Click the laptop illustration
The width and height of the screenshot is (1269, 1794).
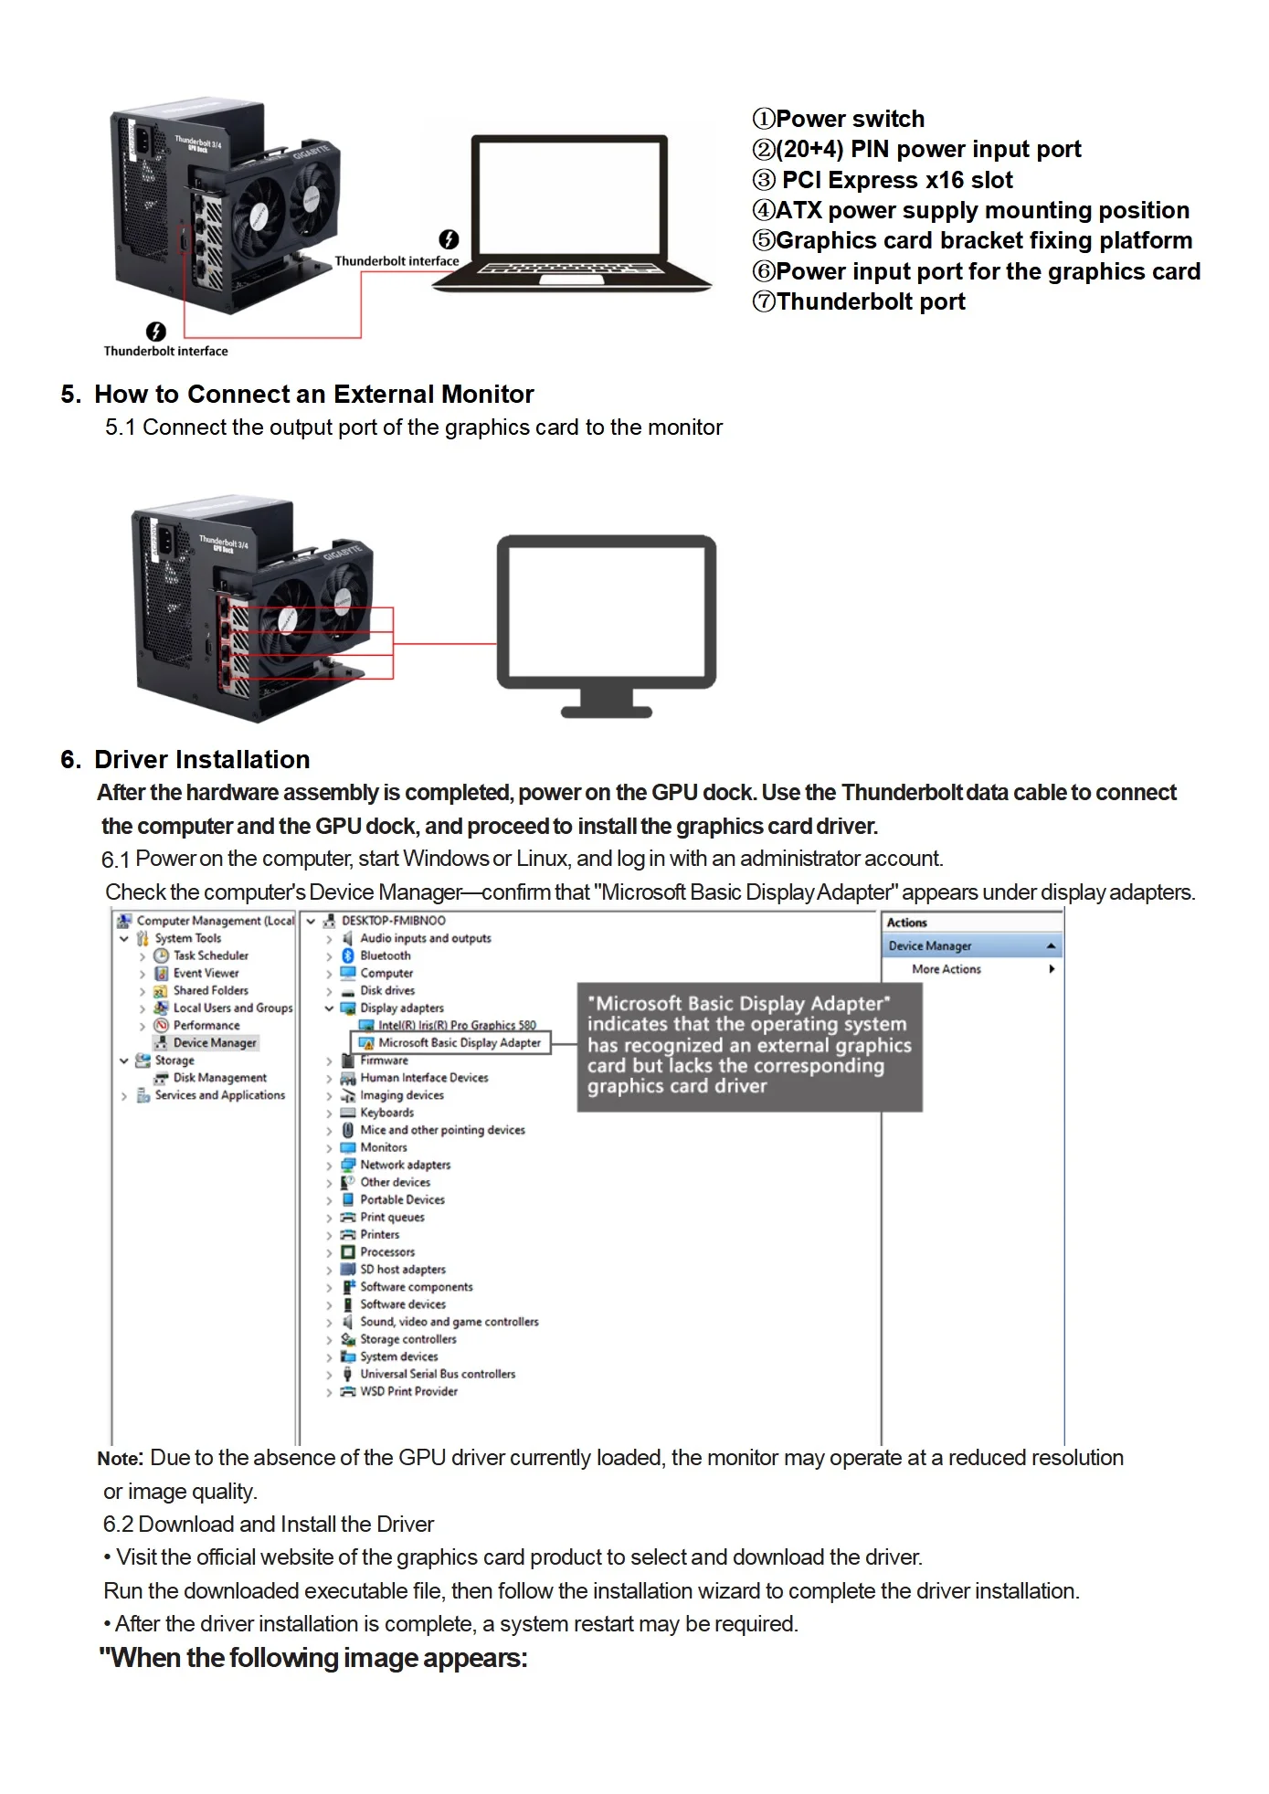pos(572,213)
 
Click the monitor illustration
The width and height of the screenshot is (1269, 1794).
pos(607,626)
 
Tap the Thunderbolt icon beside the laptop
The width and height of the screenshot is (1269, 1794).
pos(449,239)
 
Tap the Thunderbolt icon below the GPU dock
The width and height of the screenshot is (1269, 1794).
pos(156,331)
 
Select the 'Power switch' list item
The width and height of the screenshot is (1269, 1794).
pos(838,119)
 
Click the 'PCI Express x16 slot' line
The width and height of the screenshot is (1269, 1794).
pos(883,180)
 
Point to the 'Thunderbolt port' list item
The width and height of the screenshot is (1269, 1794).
pos(859,301)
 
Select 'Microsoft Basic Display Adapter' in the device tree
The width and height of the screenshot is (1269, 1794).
pos(460,1042)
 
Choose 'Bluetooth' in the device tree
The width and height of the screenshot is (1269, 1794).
pos(386,955)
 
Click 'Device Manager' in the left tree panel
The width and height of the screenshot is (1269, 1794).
pos(215,1042)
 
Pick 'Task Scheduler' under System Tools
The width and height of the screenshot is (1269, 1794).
pos(211,955)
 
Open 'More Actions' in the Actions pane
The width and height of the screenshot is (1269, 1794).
pos(946,969)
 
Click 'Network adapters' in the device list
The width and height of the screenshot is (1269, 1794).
pos(406,1165)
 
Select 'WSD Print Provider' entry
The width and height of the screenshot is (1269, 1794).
pos(408,1391)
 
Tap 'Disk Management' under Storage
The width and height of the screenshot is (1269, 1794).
pos(220,1078)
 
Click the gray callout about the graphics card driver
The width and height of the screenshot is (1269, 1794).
pos(750,1047)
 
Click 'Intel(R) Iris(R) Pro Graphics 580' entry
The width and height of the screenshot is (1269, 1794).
pos(458,1025)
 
